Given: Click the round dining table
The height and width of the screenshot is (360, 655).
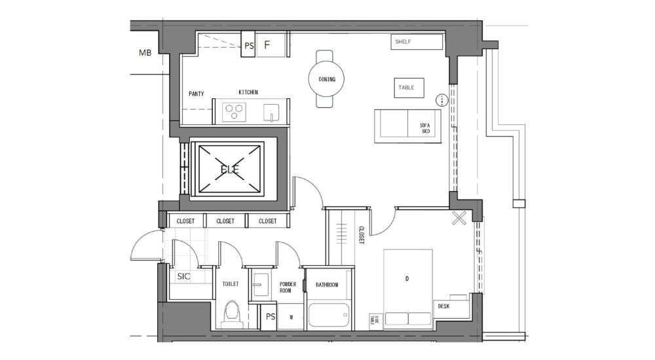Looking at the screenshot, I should tap(327, 79).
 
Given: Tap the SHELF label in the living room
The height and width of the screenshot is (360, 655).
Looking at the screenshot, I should tap(402, 42).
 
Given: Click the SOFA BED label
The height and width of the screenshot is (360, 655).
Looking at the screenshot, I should tap(425, 128).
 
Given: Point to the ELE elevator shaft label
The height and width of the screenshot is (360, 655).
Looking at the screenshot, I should tap(230, 170).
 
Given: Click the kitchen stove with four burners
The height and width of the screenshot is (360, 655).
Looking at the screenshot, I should tap(234, 112).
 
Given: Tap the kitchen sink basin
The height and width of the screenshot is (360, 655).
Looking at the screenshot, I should tap(272, 113).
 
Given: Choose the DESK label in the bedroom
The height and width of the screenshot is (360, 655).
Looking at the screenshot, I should tap(443, 306).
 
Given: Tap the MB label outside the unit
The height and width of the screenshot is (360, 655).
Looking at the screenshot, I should tap(145, 53).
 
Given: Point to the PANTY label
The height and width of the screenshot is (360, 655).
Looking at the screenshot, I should tap(196, 94).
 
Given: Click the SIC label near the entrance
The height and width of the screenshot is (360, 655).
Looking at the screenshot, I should tap(184, 277).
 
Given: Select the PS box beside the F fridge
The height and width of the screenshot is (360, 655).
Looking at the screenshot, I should tap(249, 46).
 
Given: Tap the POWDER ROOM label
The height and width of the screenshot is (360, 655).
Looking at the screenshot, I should tap(288, 287).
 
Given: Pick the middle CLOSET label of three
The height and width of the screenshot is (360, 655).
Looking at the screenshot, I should tap(225, 221).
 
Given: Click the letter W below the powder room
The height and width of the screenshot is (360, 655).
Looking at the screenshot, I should tap(291, 317).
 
